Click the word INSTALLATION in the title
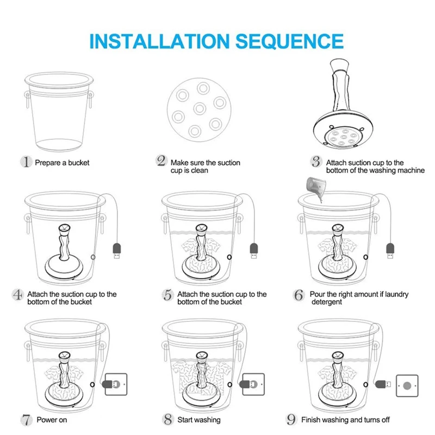click(x=159, y=41)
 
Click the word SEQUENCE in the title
click(x=290, y=41)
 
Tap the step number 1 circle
click(x=26, y=161)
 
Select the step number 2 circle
click(x=161, y=161)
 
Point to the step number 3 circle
click(x=316, y=161)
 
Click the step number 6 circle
click(x=299, y=295)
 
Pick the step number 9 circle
click(x=291, y=419)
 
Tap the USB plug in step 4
click(x=117, y=251)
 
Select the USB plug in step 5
click(x=253, y=251)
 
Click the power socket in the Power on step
click(x=116, y=384)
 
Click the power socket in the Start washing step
click(x=253, y=384)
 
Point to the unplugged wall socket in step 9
click(x=407, y=386)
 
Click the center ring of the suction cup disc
click(x=200, y=108)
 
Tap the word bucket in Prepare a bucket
click(x=79, y=163)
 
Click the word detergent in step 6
click(x=327, y=302)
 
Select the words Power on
click(x=52, y=420)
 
